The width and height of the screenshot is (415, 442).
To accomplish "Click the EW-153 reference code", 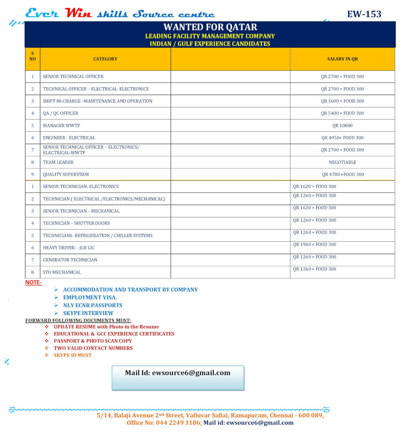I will (x=364, y=14).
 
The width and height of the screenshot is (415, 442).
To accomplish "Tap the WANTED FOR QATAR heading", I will (x=210, y=27).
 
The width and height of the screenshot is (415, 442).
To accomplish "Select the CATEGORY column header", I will (x=105, y=59).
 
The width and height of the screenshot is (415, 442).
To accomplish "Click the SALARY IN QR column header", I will (x=342, y=59).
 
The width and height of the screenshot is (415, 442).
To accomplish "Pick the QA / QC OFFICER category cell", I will (x=60, y=113).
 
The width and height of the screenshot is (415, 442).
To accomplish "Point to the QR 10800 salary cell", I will (x=342, y=126).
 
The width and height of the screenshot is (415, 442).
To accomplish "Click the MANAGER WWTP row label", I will (x=62, y=126).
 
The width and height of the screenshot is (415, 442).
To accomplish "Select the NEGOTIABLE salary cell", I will (x=342, y=163).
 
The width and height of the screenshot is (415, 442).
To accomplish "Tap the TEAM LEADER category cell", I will (x=58, y=163).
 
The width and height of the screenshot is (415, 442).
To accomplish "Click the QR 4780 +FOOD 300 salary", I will (x=343, y=175).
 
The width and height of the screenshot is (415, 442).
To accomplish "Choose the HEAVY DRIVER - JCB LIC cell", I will (x=69, y=248).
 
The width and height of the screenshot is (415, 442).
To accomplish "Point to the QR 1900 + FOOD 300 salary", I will (x=315, y=245).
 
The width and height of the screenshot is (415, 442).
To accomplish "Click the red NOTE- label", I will (x=33, y=283).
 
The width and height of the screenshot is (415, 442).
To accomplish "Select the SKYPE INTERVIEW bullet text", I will (x=88, y=313).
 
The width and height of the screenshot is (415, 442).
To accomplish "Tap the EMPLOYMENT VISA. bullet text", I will (x=90, y=298).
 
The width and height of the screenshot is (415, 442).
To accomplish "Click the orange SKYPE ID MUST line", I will (x=73, y=355).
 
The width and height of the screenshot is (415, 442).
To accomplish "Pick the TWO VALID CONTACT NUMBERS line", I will (x=93, y=348).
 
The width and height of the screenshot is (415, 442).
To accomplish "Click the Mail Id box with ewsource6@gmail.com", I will (x=178, y=378).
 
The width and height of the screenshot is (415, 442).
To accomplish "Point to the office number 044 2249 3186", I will (x=178, y=423).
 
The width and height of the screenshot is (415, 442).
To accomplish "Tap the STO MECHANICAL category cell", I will (x=62, y=273).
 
